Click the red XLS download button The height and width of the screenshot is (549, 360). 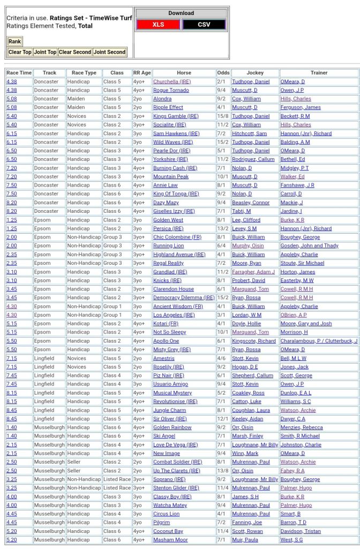coord(158,25)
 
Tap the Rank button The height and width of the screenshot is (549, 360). coord(14,42)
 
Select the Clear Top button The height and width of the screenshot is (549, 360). coord(19,52)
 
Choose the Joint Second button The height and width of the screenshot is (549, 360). coord(109,52)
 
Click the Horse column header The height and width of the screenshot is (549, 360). coord(183,73)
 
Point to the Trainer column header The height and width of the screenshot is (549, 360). coord(319,73)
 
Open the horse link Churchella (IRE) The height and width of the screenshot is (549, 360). coord(172,81)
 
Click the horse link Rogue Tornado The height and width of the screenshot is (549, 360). coord(171,90)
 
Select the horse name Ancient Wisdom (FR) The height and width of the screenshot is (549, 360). coord(178,306)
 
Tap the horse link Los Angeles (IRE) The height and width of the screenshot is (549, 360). coord(174,315)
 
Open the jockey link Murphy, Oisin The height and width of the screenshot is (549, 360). coord(247,246)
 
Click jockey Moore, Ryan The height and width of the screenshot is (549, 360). coord(246,263)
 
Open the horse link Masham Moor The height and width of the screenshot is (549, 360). coord(170,540)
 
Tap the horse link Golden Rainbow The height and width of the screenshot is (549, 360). coord(172,427)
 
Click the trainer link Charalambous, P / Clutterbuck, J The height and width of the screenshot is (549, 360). coord(319,341)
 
